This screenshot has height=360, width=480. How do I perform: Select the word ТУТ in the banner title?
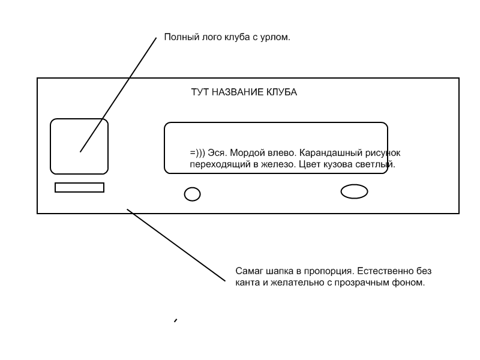pyautogui.click(x=200, y=92)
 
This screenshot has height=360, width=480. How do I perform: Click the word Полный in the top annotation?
pyautogui.click(x=182, y=37)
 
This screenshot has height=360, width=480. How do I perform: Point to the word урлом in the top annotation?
pyautogui.click(x=275, y=38)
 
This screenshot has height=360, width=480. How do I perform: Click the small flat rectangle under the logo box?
pyautogui.click(x=80, y=184)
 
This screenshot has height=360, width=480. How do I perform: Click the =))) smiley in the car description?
pyautogui.click(x=197, y=153)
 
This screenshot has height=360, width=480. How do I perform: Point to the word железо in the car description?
pyautogui.click(x=279, y=164)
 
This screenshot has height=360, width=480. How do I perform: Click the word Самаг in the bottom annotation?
pyautogui.click(x=250, y=271)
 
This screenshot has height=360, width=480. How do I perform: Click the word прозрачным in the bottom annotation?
pyautogui.click(x=362, y=283)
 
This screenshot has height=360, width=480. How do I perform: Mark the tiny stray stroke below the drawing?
pyautogui.click(x=175, y=320)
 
